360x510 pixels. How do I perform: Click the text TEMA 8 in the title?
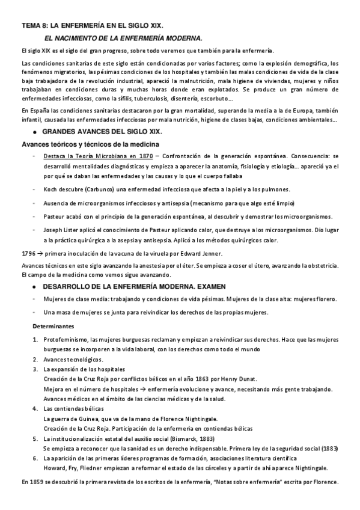(34, 26)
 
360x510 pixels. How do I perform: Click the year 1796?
(28, 253)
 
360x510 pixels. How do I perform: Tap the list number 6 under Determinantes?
(35, 458)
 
